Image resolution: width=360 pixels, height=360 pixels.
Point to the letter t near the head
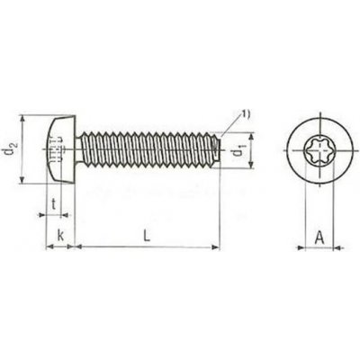coord(56,204)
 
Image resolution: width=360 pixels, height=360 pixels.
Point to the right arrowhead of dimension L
coord(216,246)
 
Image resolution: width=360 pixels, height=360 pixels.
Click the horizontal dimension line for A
coord(319,247)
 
